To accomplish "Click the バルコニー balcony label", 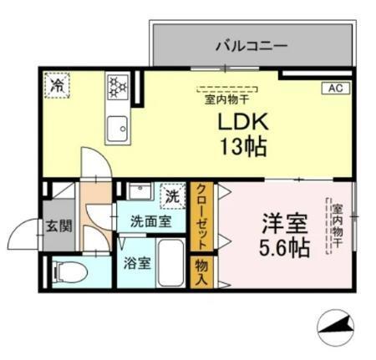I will (252, 45).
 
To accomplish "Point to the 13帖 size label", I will (241, 147).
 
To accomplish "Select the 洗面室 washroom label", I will (150, 221).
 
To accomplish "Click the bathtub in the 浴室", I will (172, 263).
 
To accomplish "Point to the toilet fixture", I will (67, 270).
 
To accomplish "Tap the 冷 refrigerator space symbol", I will (58, 84).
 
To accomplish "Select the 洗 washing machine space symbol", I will (171, 197).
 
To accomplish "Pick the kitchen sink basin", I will (117, 129).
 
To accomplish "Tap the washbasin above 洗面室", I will (139, 193).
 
